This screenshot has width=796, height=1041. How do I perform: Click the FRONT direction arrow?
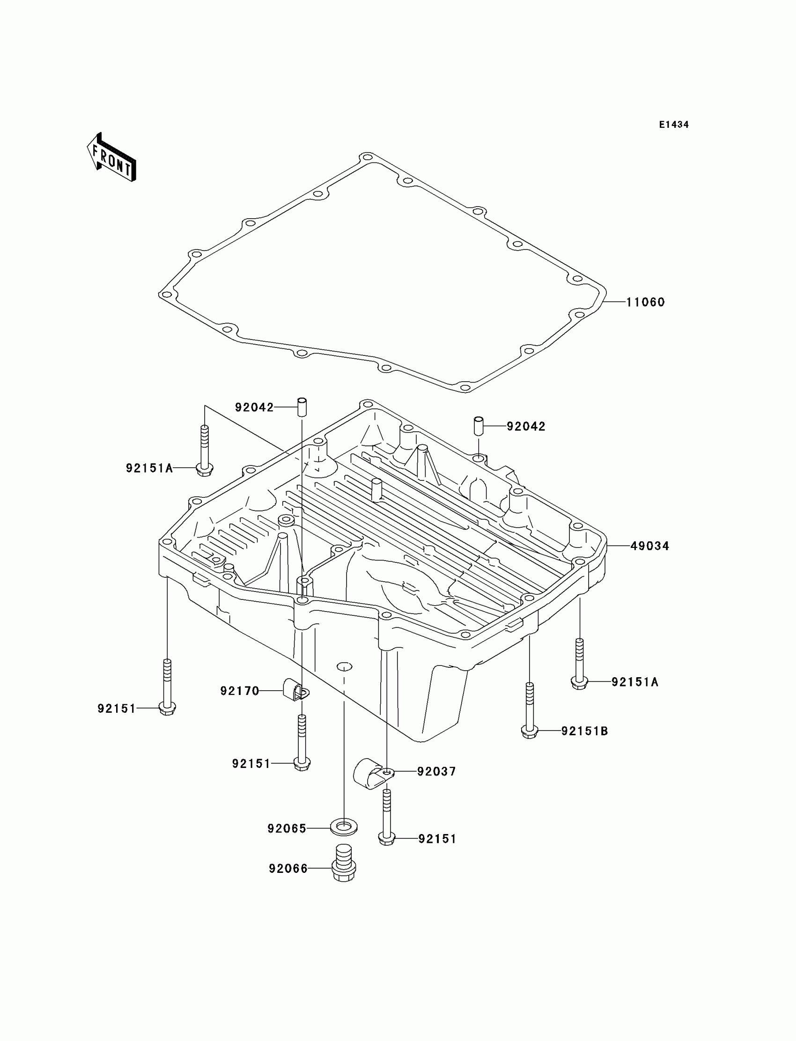pyautogui.click(x=112, y=158)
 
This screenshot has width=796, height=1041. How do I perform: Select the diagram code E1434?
pyautogui.click(x=674, y=125)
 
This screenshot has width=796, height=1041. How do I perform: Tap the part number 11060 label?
pyautogui.click(x=645, y=302)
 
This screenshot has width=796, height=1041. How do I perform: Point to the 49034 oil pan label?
pyautogui.click(x=649, y=546)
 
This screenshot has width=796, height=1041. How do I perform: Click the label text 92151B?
pyautogui.click(x=585, y=731)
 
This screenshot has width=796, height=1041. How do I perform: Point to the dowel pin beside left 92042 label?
pyautogui.click(x=302, y=407)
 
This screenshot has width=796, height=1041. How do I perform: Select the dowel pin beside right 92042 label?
pyautogui.click(x=479, y=425)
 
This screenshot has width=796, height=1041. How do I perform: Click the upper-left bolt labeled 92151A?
pyautogui.click(x=205, y=450)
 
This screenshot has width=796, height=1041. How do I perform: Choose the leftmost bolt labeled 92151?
pyautogui.click(x=167, y=687)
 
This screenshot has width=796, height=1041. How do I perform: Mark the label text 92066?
pyautogui.click(x=288, y=869)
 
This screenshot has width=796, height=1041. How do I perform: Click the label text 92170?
pyautogui.click(x=240, y=691)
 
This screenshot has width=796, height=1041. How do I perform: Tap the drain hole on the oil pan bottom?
pyautogui.click(x=345, y=667)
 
